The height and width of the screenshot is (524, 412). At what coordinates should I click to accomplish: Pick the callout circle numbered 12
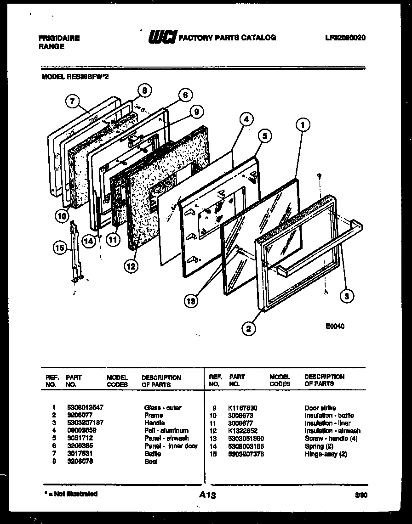point(131,266)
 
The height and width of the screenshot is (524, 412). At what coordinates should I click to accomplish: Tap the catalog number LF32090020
point(345,38)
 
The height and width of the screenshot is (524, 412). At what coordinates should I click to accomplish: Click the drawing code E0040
point(334,327)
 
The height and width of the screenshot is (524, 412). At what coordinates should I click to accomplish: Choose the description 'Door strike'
point(320,408)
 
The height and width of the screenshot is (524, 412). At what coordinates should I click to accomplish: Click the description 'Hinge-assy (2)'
point(325,454)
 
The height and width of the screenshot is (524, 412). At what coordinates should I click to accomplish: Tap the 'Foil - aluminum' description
point(166,431)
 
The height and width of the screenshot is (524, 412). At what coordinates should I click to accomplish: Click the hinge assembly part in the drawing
point(76,253)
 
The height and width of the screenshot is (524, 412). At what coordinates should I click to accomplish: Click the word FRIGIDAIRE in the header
point(59,39)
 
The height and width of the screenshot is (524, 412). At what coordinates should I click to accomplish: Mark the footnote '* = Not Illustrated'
point(71,494)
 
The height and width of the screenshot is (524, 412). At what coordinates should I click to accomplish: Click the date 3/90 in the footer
point(360,495)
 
